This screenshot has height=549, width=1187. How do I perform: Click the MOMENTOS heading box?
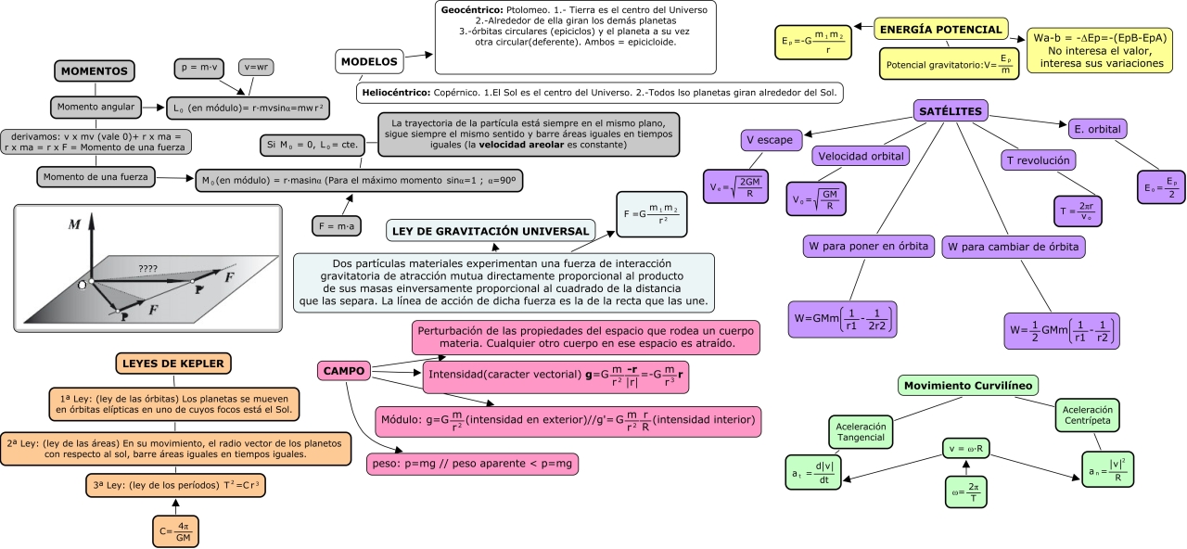pos(95,71)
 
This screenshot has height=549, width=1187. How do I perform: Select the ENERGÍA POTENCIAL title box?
pos(940,29)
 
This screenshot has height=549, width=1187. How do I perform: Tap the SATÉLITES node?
pos(951,111)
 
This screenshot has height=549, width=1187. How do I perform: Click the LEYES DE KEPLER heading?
pos(173,364)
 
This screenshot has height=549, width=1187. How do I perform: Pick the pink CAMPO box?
pos(344,371)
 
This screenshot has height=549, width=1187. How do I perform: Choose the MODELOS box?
pos(369,61)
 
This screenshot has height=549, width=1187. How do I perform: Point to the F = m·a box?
pos(337,226)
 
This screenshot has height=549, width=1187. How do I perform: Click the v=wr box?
pos(256,68)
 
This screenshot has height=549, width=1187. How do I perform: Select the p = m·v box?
pos(199,68)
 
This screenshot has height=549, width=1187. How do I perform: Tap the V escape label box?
pos(772,140)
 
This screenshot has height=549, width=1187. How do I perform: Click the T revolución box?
pos(1038,160)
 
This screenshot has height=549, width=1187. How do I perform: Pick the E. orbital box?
pos(1097,129)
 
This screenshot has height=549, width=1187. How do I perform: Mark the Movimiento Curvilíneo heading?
pos(967,385)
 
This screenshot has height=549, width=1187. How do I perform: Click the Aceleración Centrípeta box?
pos(1088,415)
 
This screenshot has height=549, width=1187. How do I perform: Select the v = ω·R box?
pos(966,448)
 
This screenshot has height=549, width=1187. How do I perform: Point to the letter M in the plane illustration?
pos(74,224)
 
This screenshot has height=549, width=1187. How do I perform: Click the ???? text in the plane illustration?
pos(147,269)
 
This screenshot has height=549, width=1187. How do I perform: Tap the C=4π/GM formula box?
pos(175,531)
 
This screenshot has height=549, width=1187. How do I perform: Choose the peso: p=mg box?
pos(472,464)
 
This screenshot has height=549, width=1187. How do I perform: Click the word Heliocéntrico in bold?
pos(396,93)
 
